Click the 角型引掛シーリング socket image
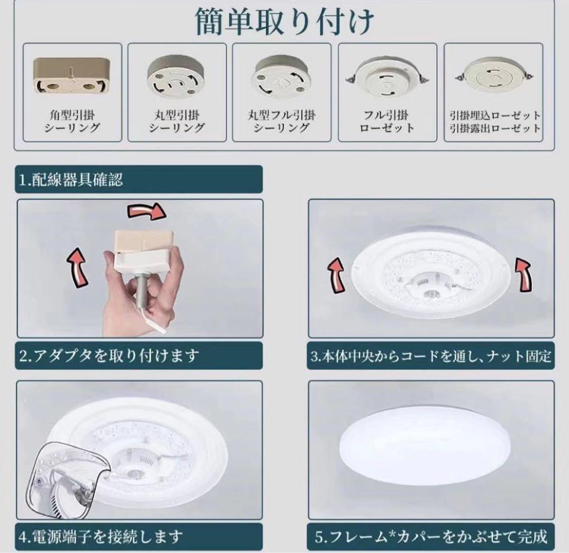coord(72,76)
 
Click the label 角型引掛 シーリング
coord(72,121)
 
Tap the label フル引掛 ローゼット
coord(387,121)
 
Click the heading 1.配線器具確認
coord(71,180)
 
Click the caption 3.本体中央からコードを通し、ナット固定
coord(430,356)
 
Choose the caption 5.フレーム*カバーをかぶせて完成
coord(431,537)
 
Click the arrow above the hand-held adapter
coord(148,212)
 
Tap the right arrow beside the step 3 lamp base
coord(524,274)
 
